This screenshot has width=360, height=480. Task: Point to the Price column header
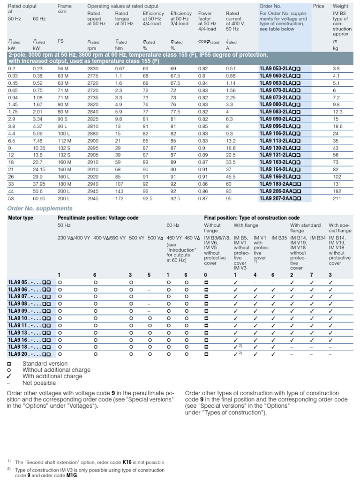tap(318, 6)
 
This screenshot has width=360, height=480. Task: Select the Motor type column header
tap(21, 218)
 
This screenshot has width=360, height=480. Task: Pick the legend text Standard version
tap(45, 363)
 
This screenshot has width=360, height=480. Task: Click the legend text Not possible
tap(39, 382)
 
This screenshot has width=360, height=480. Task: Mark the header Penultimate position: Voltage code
tap(98, 218)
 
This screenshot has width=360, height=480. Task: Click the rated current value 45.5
tap(231, 177)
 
